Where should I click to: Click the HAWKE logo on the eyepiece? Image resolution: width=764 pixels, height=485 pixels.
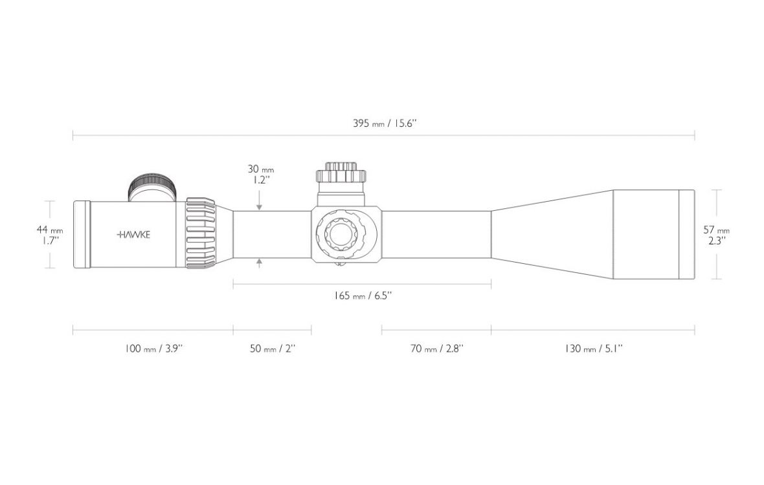click(x=133, y=235)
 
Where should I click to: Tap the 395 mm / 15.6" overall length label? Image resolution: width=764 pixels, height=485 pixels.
click(x=385, y=123)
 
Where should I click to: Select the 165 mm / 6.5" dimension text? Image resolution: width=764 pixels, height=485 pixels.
click(x=363, y=296)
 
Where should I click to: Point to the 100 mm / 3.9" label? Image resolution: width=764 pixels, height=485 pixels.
click(x=153, y=349)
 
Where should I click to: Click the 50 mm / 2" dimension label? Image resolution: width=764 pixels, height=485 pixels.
click(x=273, y=349)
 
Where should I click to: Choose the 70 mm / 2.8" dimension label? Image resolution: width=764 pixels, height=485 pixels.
click(x=436, y=349)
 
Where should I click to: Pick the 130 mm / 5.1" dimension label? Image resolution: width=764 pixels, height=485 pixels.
click(x=594, y=349)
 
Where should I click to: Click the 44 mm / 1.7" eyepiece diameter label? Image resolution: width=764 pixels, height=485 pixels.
click(x=50, y=235)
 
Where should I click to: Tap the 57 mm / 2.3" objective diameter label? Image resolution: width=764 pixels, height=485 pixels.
click(x=716, y=235)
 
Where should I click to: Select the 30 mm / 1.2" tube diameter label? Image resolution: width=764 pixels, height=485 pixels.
click(x=261, y=175)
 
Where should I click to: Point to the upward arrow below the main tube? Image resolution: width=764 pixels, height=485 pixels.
click(x=259, y=264)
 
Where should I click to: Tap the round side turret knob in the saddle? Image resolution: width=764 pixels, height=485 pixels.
click(x=341, y=233)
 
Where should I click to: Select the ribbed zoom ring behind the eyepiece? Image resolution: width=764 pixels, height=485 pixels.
click(x=200, y=233)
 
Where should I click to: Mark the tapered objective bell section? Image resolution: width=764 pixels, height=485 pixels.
click(x=552, y=234)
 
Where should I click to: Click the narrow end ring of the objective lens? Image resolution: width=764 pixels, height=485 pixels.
click(x=687, y=235)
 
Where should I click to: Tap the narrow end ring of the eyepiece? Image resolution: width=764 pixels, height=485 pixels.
click(x=82, y=234)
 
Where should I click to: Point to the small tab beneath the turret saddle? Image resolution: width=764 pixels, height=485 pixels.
click(x=340, y=264)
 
